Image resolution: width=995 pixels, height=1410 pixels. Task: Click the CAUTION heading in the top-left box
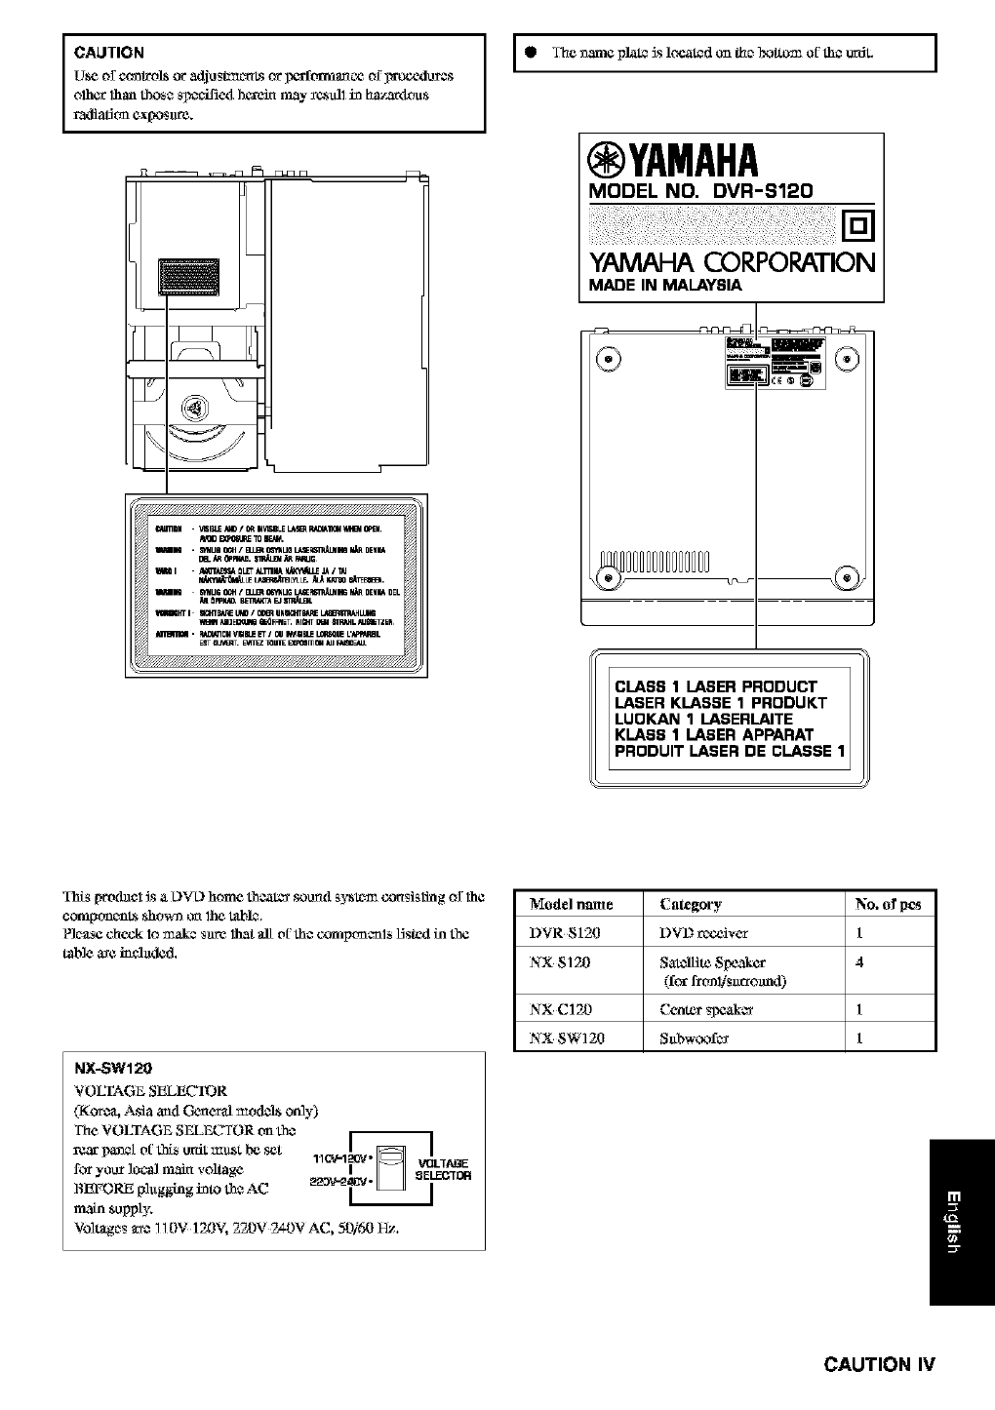(x=109, y=53)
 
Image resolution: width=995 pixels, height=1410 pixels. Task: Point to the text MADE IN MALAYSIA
(x=664, y=286)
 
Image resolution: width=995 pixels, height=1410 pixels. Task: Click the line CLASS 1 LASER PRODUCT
(x=715, y=686)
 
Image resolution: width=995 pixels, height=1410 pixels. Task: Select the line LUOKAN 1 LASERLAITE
(x=703, y=719)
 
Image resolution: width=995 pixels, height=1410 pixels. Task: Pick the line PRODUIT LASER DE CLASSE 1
(x=731, y=751)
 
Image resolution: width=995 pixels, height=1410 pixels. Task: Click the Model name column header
(x=571, y=904)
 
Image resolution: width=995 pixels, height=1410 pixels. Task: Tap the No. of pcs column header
(x=888, y=904)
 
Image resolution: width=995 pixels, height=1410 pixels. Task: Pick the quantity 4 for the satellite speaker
(x=859, y=962)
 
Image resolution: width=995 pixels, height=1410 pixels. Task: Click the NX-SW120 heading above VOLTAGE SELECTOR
(x=113, y=1068)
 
